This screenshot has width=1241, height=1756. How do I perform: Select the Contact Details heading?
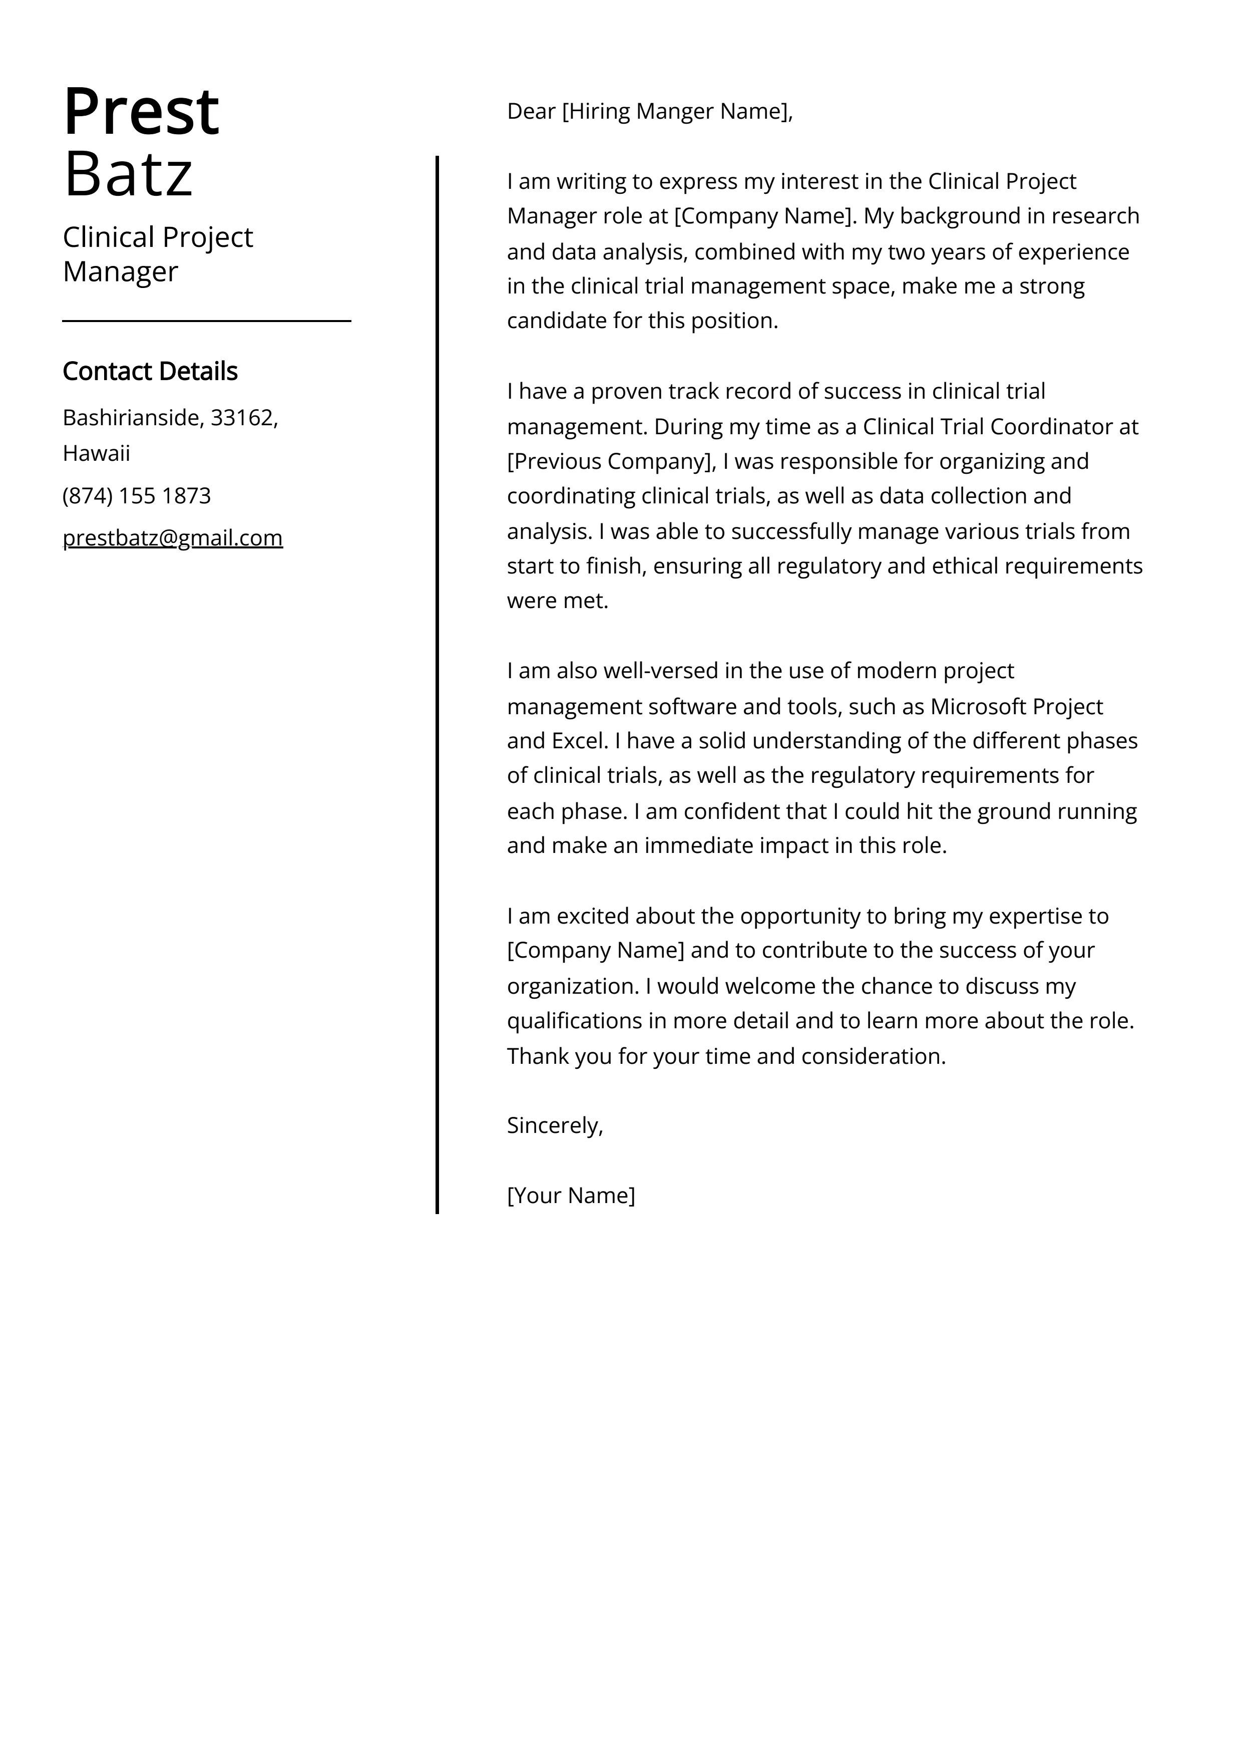(150, 371)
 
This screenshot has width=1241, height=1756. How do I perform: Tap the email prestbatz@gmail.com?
(172, 537)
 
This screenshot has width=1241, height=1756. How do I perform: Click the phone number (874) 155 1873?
(136, 495)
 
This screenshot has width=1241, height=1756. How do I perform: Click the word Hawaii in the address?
(96, 454)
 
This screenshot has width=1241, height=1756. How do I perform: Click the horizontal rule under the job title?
(206, 321)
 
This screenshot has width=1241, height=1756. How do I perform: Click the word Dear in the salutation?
(531, 112)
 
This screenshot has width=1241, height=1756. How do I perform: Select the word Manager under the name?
(120, 271)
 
